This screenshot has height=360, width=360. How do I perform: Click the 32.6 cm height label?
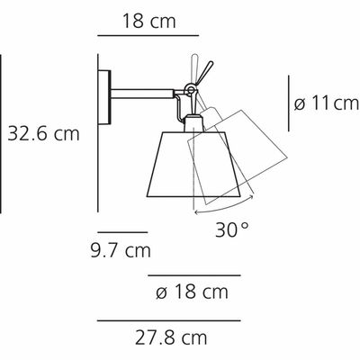tap(43, 133)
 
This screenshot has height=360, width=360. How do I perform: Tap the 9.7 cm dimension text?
tap(121, 251)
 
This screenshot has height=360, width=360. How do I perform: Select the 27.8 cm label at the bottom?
tap(171, 337)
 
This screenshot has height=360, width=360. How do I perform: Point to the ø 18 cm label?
tap(192, 292)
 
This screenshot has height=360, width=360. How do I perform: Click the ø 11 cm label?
tap(327, 103)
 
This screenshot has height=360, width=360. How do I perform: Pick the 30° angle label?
tap(232, 230)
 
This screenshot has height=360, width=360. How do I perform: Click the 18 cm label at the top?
tap(148, 22)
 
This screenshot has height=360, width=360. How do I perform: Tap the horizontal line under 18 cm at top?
tap(148, 35)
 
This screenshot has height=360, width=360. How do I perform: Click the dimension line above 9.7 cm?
tap(122, 232)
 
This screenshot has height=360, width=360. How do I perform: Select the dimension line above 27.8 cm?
tap(169, 320)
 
